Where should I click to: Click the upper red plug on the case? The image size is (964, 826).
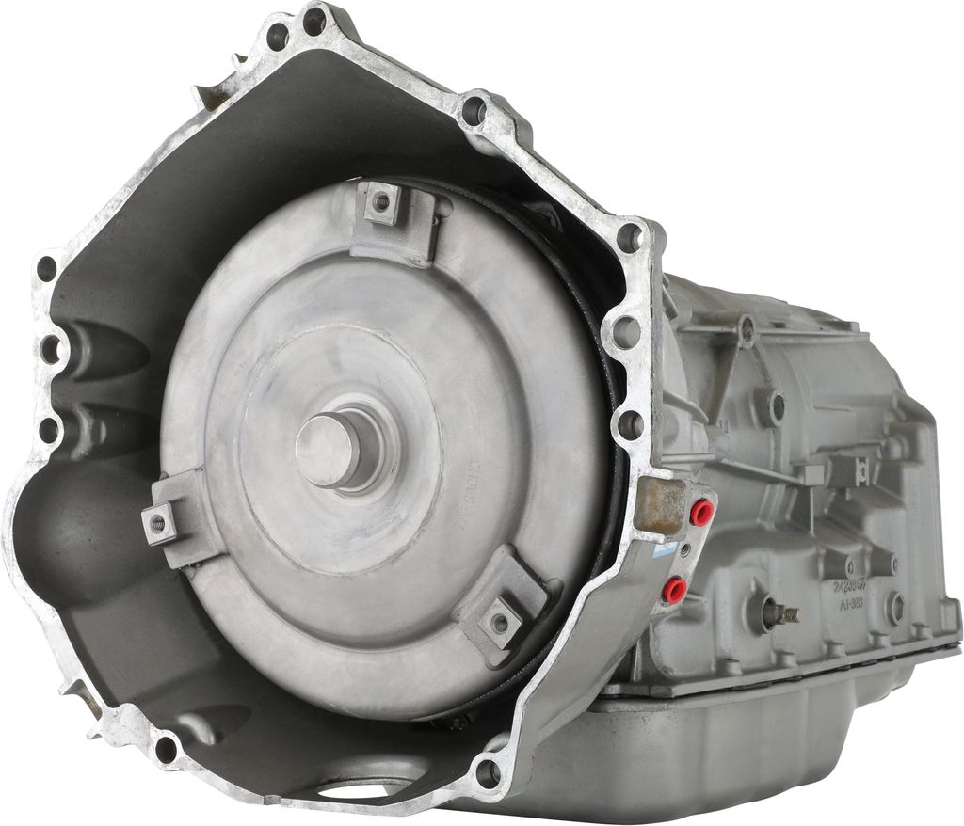click(700, 513)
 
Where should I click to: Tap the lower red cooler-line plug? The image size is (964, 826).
click(674, 590)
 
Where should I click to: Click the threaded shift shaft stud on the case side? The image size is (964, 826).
click(781, 613)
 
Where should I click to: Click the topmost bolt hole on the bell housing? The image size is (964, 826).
click(314, 20)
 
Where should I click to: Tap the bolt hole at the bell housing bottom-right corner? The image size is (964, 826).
click(488, 773)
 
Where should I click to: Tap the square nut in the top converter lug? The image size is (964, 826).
click(382, 201)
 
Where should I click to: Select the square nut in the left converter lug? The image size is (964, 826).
click(158, 523)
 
